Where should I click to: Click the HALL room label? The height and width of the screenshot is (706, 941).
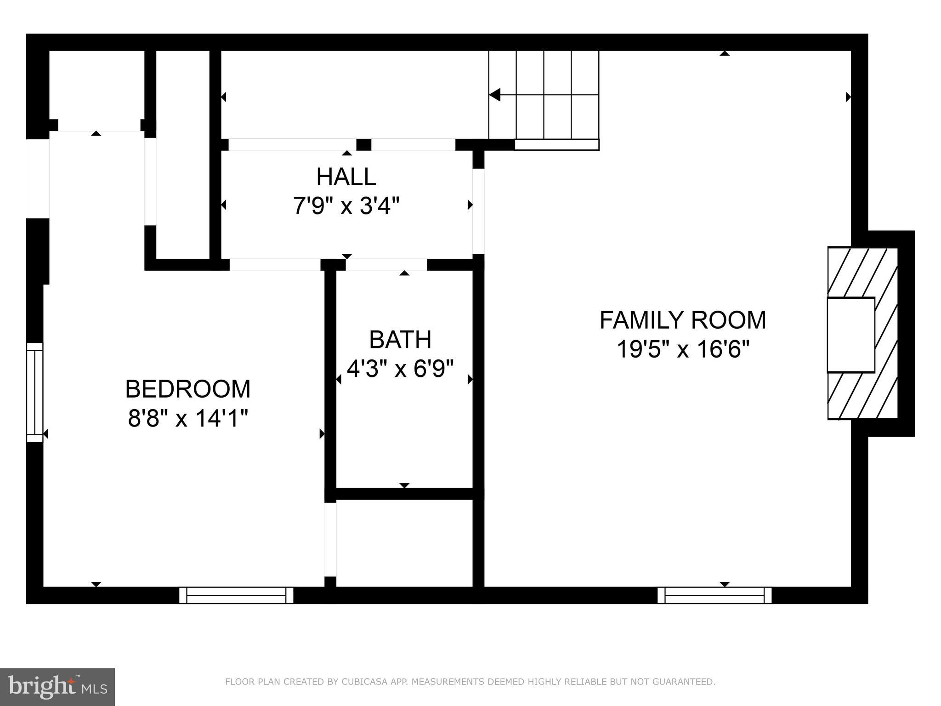coord(346,177)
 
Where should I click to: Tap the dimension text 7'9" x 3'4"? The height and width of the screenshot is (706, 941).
coord(346,205)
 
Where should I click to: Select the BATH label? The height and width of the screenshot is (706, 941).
coord(400,340)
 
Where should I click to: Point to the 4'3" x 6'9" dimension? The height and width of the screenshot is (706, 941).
coord(400,369)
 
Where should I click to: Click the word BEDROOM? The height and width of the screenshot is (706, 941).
coord(187,389)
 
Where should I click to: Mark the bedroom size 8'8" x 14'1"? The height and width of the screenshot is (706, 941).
coord(187,418)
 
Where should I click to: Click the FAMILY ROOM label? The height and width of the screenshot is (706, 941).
coord(682,320)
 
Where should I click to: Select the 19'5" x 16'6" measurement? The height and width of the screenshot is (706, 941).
coord(682,349)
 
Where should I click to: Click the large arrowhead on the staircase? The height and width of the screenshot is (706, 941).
coord(494,95)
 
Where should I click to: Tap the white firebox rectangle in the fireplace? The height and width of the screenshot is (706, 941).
coord(850,335)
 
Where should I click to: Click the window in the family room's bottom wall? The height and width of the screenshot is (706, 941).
coord(714,595)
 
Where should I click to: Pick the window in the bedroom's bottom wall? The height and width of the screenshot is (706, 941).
coord(236,595)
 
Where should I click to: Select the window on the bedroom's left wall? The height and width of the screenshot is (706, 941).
coord(34,392)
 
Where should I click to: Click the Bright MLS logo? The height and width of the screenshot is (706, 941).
coord(57,687)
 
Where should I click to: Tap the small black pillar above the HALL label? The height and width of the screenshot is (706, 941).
coord(363,144)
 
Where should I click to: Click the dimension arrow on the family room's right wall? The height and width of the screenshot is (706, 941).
coord(848,97)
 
